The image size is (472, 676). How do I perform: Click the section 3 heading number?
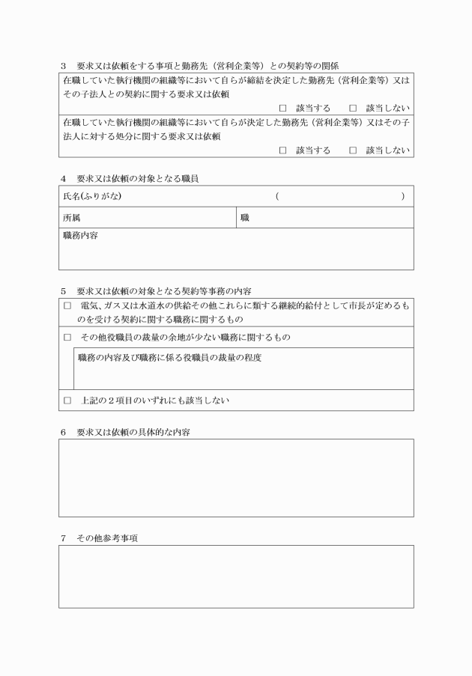tap(64, 66)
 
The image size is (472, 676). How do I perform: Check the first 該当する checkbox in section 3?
tap(282, 109)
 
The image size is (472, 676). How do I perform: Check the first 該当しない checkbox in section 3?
tap(353, 109)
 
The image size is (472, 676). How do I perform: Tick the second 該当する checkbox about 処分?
tap(282, 150)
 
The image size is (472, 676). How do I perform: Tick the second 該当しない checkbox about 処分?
tap(353, 150)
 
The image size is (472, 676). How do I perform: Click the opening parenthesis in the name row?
tap(277, 197)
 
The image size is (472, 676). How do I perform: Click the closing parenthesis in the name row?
tap(403, 197)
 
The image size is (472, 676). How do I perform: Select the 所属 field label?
tap(71, 218)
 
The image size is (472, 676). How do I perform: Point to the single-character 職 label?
tap(244, 218)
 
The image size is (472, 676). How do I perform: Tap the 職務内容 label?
tap(80, 236)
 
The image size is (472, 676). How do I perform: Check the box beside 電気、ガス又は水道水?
tap(67, 306)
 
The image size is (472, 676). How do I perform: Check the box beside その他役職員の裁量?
tap(67, 338)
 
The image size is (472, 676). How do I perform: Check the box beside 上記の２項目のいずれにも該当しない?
tap(67, 401)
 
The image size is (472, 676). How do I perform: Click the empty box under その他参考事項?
tap(236, 576)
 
